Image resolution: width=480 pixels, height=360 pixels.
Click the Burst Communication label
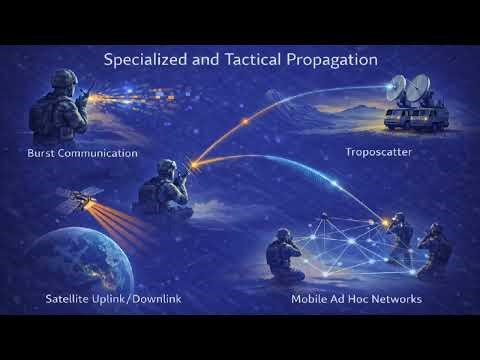click(x=82, y=153)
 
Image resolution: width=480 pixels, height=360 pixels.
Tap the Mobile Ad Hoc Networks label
click(x=356, y=299)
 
